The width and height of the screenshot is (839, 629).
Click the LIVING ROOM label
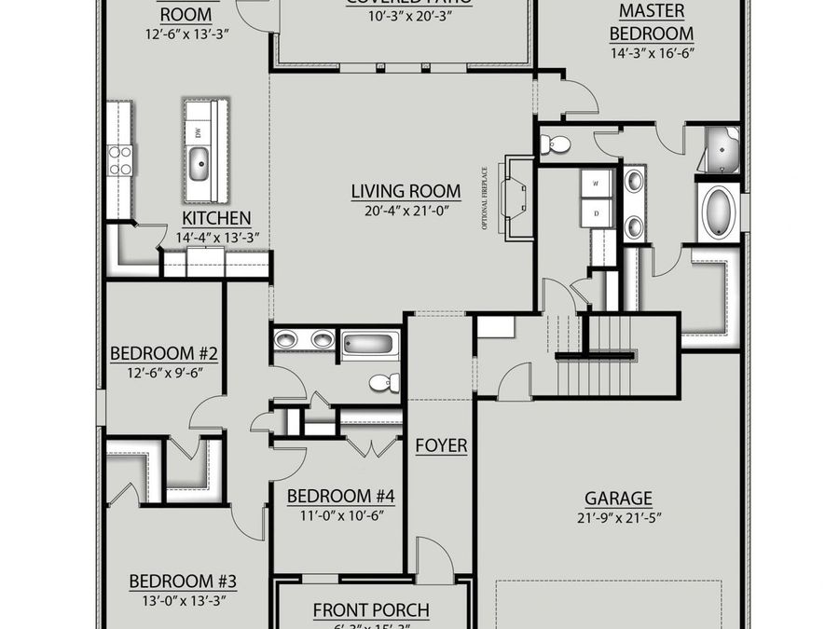406,192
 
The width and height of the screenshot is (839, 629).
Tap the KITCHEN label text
215,218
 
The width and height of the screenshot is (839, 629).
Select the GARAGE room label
618,499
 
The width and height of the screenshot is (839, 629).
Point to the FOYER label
441,446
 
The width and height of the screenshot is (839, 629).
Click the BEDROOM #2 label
164,354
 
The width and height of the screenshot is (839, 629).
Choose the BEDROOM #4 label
340,497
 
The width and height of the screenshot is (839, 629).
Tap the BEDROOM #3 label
183,581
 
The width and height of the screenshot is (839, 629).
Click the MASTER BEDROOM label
652,22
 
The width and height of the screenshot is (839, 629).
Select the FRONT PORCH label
371,610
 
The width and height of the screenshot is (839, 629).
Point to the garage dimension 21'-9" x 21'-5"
618,518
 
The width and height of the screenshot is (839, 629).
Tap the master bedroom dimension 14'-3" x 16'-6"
652,55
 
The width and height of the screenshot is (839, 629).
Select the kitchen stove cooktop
120,159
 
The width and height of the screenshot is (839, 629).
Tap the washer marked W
597,183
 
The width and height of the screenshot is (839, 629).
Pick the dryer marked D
597,212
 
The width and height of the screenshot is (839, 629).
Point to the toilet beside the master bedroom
557,144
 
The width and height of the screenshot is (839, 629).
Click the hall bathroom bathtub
370,344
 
